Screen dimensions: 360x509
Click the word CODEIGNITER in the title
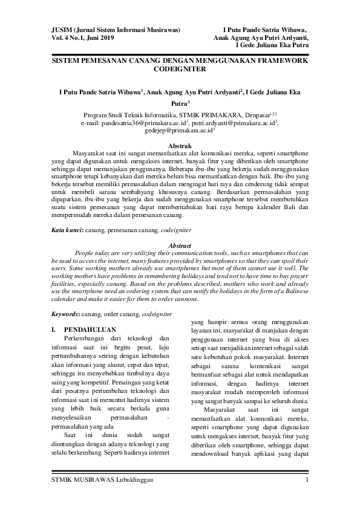[x=180, y=70]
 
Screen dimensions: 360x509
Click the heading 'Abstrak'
[x=180, y=146]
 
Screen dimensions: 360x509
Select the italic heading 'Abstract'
[x=180, y=246]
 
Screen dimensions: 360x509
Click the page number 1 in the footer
[x=307, y=480]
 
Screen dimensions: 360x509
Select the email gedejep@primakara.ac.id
[x=178, y=129]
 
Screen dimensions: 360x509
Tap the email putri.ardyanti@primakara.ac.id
[x=233, y=122]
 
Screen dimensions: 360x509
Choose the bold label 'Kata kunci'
[x=66, y=231]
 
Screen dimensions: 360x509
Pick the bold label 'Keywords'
[x=65, y=314]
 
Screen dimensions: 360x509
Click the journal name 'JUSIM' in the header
[x=61, y=30]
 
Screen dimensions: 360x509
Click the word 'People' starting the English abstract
[x=85, y=254]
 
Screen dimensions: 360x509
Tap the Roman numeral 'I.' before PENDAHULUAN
[x=54, y=329]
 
